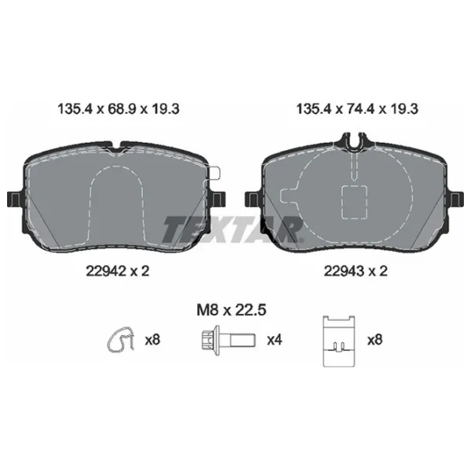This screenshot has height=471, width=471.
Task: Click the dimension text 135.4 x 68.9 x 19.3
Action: click(119, 109)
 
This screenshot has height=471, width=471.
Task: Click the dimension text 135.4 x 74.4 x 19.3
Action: click(357, 109)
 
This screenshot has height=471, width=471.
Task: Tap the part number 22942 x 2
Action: click(118, 272)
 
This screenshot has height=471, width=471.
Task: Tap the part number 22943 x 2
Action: click(356, 272)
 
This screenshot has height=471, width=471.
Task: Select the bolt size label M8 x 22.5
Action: click(232, 310)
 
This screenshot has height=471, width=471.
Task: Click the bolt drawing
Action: click(228, 341)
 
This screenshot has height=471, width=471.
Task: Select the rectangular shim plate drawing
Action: click(339, 341)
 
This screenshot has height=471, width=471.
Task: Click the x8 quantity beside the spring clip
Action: click(152, 340)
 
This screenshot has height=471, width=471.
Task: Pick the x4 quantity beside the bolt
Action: click(275, 340)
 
